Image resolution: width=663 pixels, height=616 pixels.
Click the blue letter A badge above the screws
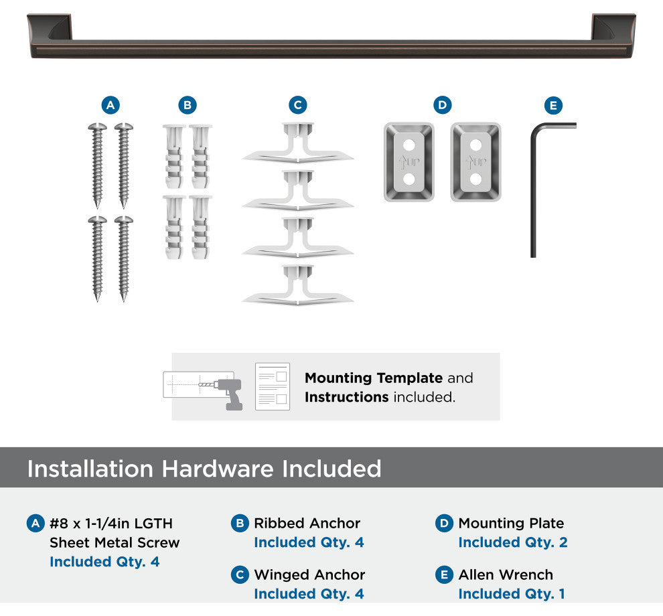point(110,105)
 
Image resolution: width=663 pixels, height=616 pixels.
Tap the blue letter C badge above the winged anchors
point(297,105)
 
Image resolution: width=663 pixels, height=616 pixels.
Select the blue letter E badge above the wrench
point(553,105)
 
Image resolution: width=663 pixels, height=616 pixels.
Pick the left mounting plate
point(409,162)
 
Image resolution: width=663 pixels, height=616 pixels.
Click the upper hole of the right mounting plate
point(475,145)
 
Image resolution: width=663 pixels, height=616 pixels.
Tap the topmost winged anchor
point(297,143)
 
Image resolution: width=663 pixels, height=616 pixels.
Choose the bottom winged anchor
point(297,285)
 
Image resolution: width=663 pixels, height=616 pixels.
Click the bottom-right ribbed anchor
point(200,227)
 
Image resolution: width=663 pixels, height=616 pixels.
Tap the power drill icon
point(228,394)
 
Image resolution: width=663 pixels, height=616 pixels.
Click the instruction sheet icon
point(273,386)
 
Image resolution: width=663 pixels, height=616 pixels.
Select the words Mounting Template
point(374,378)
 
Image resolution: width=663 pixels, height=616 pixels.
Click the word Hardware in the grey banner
point(218,469)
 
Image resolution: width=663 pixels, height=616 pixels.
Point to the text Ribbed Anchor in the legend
point(307,523)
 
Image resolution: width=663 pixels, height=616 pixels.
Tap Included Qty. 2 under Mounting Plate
point(513,542)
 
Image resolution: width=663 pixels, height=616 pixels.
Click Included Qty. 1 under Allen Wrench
point(512,594)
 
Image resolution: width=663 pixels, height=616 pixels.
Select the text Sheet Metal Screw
point(115,542)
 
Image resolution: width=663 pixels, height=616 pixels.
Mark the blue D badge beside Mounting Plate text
point(444,524)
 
